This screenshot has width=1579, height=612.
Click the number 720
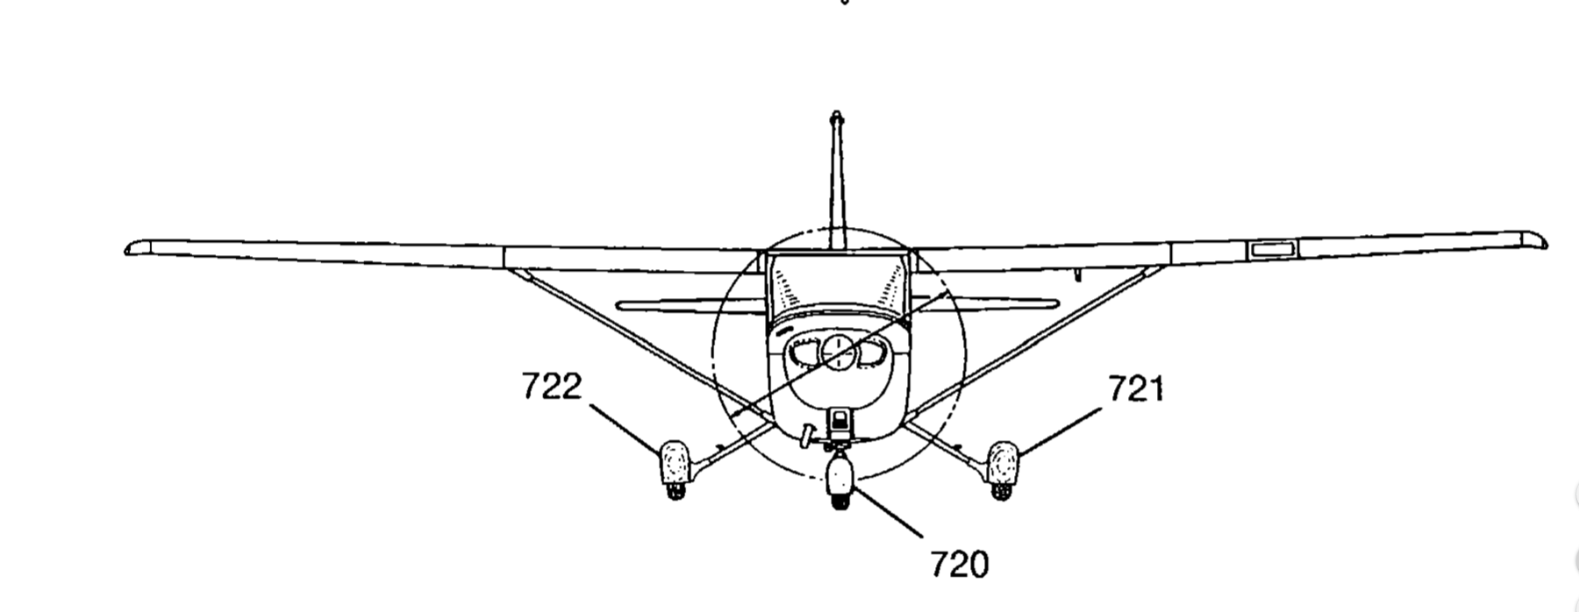click(959, 564)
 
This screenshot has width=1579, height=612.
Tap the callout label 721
click(1136, 388)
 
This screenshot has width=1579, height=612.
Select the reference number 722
click(552, 387)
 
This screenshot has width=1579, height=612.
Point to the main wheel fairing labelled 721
click(1002, 461)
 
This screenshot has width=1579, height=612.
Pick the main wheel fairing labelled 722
click(674, 461)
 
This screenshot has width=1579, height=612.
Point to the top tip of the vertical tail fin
click(837, 115)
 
